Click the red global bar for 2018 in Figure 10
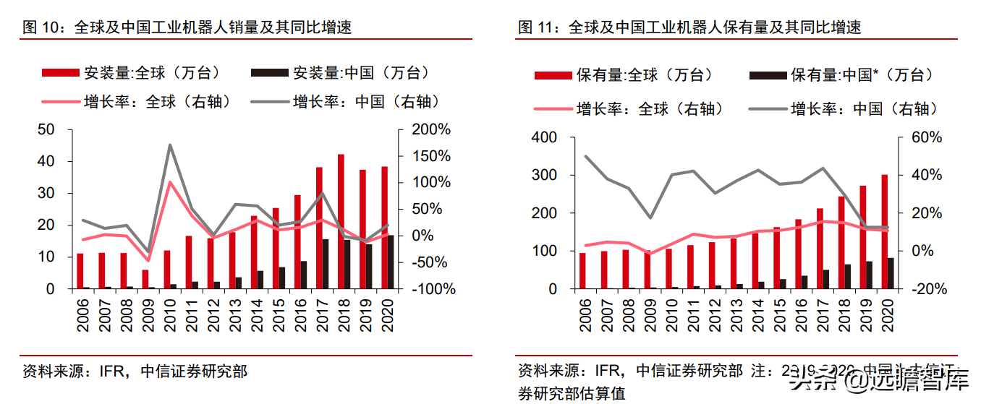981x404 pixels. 341,221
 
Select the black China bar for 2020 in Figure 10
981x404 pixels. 391,262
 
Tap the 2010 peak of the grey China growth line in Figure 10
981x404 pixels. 170,145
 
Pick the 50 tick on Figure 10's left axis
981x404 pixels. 46,130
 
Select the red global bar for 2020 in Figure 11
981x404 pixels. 884,231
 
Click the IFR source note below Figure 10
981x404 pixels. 135,371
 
